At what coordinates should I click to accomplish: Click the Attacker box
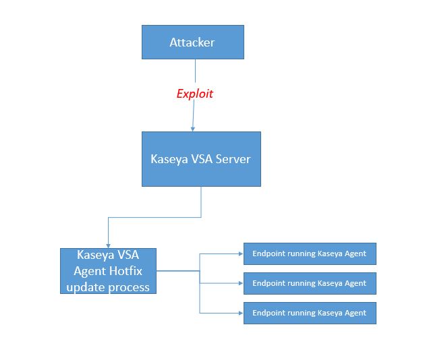192,42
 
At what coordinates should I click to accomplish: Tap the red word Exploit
194,94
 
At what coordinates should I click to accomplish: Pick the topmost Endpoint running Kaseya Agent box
309,253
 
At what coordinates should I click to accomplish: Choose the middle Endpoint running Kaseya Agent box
309,283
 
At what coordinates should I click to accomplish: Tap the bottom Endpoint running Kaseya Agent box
309,313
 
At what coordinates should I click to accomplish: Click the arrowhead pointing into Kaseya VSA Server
193,128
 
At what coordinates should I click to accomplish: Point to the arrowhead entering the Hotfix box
108,245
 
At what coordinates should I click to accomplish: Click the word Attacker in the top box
192,42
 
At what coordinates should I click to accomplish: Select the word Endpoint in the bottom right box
268,313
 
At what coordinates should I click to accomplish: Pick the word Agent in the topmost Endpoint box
355,253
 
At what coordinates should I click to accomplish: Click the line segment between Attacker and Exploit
195,71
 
